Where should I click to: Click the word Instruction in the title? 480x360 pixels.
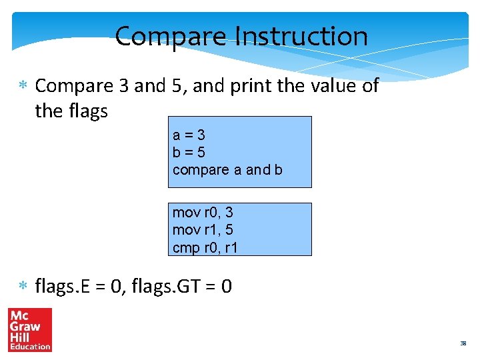(303, 36)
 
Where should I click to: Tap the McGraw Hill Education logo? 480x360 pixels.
(29, 330)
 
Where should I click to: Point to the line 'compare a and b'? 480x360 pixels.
(227, 169)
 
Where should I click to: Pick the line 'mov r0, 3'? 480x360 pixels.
(203, 213)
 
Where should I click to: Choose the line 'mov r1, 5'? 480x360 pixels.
(203, 230)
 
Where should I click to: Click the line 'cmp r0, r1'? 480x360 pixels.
(205, 247)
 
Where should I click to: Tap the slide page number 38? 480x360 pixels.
(463, 344)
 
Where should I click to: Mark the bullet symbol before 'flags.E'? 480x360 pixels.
(22, 287)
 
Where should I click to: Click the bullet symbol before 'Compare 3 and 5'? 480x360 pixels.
(22, 86)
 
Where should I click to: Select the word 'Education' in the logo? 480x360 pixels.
(29, 346)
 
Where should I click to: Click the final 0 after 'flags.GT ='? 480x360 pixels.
(227, 287)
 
